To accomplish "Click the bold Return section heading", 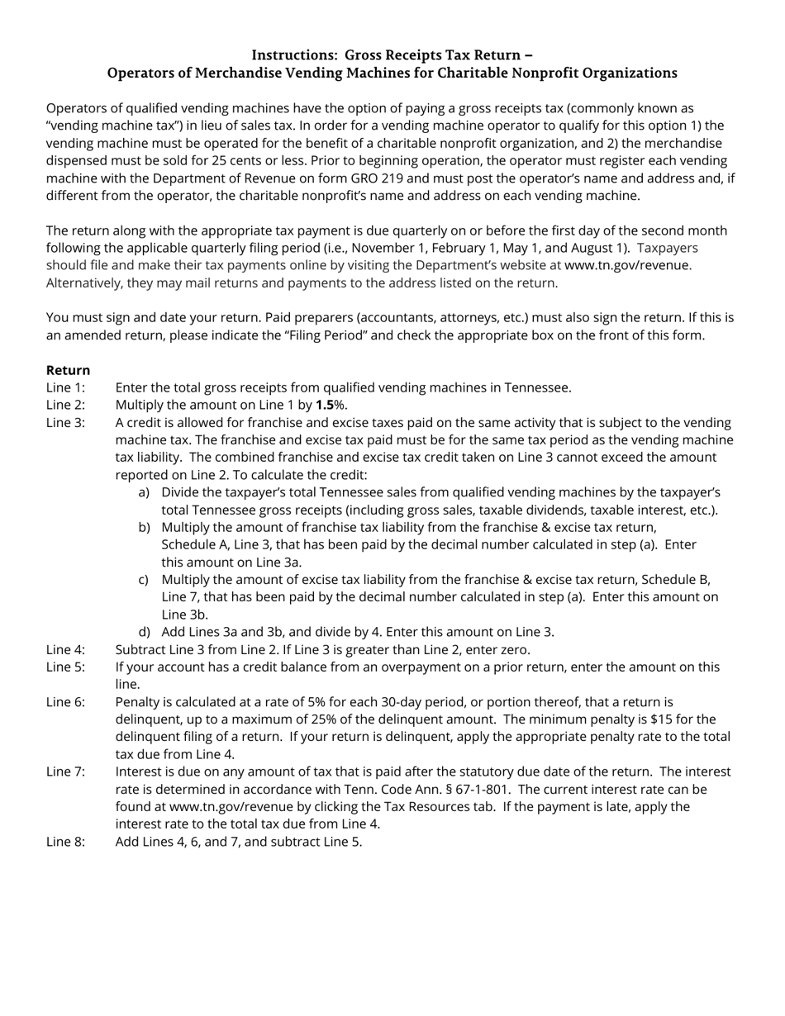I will click(69, 370).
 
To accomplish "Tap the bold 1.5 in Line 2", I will click(325, 405).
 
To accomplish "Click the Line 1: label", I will click(66, 387).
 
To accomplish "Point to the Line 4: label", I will click(66, 649).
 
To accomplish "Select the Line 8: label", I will click(66, 842).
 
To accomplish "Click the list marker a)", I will click(145, 492).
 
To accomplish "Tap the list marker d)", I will click(145, 632).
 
